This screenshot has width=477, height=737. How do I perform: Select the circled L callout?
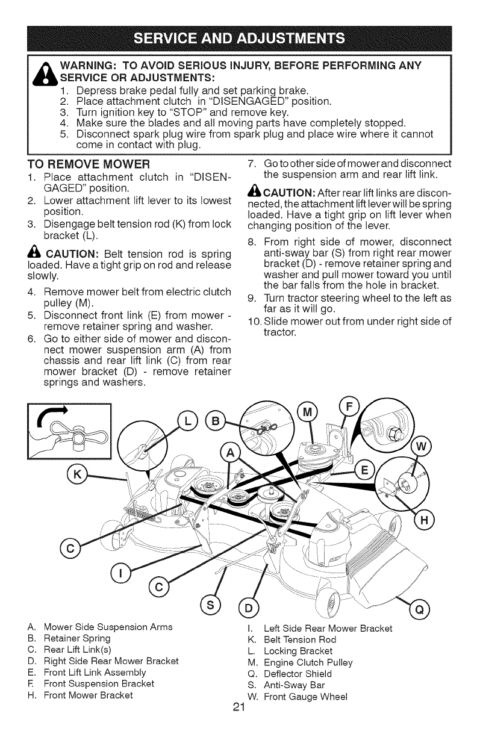coord(187,420)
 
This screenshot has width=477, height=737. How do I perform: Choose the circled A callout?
coord(231,452)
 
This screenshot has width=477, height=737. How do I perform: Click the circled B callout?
coord(214,420)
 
